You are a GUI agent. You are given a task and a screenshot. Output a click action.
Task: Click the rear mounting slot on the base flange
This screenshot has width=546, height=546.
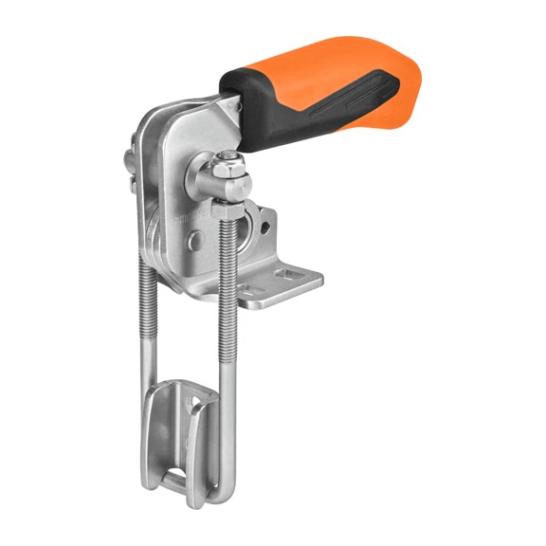285,276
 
